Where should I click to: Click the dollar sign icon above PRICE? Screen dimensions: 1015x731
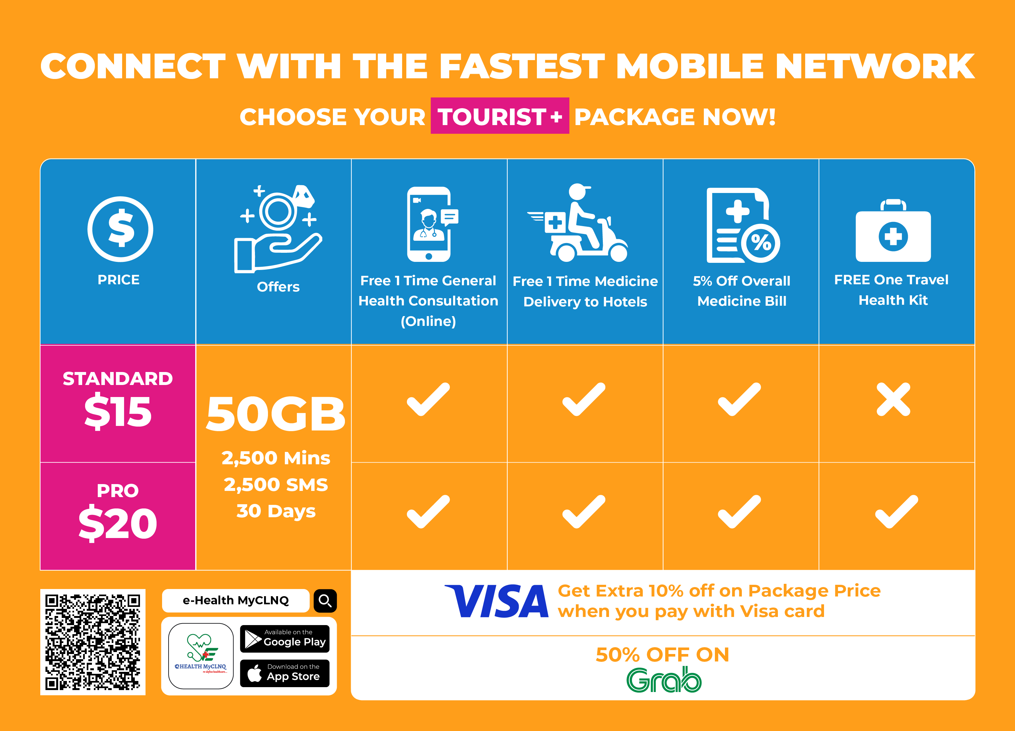[x=120, y=229]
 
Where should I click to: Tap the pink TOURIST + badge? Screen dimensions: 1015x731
[x=500, y=116]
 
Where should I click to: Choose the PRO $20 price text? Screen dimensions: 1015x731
[x=118, y=512]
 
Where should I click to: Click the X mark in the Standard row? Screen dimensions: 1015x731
[x=893, y=399]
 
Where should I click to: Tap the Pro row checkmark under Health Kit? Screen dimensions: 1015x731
[x=896, y=512]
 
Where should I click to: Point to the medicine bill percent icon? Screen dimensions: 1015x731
[x=743, y=225]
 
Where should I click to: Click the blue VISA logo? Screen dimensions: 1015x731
[x=497, y=601]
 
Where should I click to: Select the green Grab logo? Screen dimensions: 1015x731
[x=664, y=680]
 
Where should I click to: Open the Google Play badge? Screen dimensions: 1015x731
[x=285, y=639]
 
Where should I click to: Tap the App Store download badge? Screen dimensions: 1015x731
[x=285, y=673]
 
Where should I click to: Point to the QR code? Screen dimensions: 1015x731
[x=93, y=642]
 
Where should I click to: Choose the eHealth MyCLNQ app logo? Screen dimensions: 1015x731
[x=201, y=656]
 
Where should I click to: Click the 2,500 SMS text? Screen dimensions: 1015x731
[x=276, y=485]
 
